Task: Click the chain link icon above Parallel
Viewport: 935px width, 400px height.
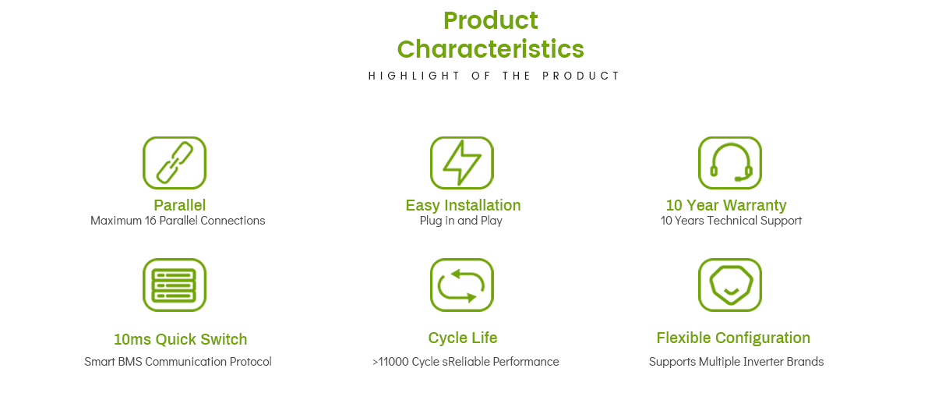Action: pyautogui.click(x=175, y=163)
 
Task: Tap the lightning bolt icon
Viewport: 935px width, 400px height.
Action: pyautogui.click(x=461, y=163)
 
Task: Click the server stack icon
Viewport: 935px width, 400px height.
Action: pyautogui.click(x=175, y=285)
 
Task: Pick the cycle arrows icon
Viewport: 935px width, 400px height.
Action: pyautogui.click(x=461, y=285)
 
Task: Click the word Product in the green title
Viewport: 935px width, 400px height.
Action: pyautogui.click(x=490, y=20)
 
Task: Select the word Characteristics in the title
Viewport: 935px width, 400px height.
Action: pyautogui.click(x=490, y=49)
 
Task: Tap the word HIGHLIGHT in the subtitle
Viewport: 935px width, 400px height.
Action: pyautogui.click(x=414, y=76)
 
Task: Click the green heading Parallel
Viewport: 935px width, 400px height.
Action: pyautogui.click(x=179, y=205)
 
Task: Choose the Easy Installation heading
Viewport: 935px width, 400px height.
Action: pyautogui.click(x=463, y=205)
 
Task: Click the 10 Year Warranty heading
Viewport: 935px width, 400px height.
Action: pyautogui.click(x=726, y=205)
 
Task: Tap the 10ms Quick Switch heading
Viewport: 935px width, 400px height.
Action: pyautogui.click(x=180, y=339)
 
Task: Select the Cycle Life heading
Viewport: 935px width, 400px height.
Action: pyautogui.click(x=463, y=338)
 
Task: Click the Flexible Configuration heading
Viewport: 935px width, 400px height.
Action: pyautogui.click(x=733, y=338)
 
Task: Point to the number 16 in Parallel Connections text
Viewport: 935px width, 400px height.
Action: pyautogui.click(x=150, y=221)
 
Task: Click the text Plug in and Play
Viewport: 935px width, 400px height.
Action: pyautogui.click(x=460, y=221)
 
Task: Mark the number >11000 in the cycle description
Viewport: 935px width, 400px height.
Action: pyautogui.click(x=390, y=362)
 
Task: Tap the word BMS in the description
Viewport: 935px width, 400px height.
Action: pyautogui.click(x=130, y=362)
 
